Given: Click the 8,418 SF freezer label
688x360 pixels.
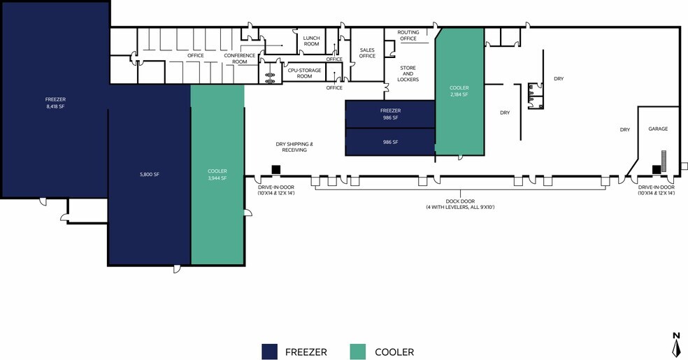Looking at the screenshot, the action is (x=55, y=103).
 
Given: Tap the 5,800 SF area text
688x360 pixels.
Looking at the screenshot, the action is (x=150, y=175).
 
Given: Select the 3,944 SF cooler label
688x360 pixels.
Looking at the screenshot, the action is (x=217, y=175).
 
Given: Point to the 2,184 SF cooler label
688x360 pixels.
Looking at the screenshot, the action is (x=459, y=91).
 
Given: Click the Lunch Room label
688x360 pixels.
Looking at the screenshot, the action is (x=312, y=41).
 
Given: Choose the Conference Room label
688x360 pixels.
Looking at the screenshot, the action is (x=240, y=59).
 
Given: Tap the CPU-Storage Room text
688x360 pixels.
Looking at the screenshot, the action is (x=305, y=73).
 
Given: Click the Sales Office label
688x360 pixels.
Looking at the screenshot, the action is (x=367, y=53).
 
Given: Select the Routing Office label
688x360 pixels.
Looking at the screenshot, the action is (x=408, y=36).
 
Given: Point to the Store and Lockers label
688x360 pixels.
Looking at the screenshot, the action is (x=408, y=73).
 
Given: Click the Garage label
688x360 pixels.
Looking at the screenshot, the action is (x=658, y=129).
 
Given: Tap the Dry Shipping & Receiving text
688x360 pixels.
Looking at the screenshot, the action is (x=294, y=147).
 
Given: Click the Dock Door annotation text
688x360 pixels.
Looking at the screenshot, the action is (x=460, y=204).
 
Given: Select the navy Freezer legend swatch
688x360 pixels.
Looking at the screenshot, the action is (x=269, y=352).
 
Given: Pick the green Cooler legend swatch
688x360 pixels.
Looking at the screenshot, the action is (x=357, y=352).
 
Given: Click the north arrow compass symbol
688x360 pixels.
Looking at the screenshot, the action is (x=676, y=345).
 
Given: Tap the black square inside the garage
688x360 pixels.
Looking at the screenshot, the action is (x=657, y=169).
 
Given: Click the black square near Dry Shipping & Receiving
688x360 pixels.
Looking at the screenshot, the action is (x=276, y=169).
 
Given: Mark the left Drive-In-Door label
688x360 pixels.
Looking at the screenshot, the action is (x=276, y=190).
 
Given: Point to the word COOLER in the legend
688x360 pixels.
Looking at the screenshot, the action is (x=394, y=352).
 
